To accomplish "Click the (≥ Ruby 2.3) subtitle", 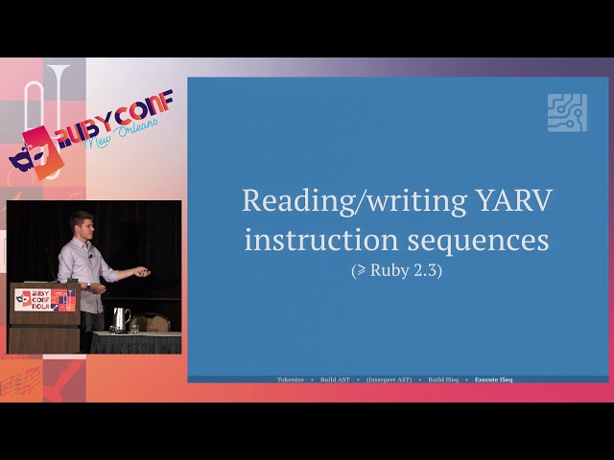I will (397, 270).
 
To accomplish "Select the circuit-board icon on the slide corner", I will (567, 112).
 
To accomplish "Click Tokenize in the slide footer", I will (291, 379).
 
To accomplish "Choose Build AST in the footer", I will (336, 379).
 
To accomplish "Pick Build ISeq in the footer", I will (444, 379).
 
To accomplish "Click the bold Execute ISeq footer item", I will (494, 379).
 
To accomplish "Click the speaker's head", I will (82, 225).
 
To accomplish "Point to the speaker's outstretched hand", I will (142, 272).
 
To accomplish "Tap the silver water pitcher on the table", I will (119, 318).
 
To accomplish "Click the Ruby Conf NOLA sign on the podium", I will (44, 299).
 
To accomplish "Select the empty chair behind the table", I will (154, 324).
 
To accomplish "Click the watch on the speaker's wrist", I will (87, 286).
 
